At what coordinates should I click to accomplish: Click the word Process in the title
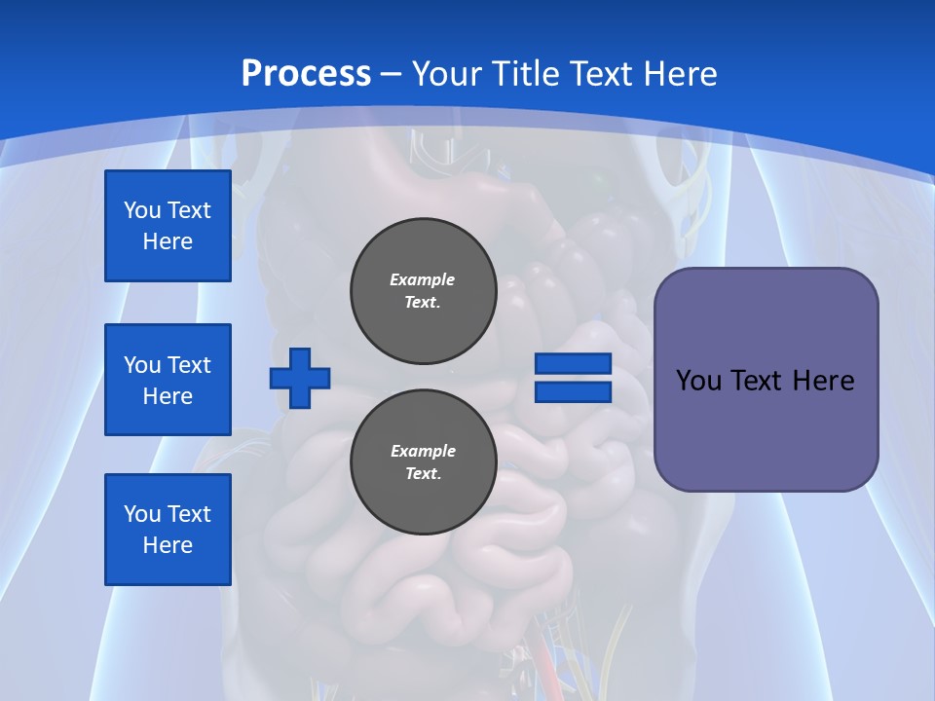[306, 73]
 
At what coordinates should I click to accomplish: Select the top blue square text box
[168, 226]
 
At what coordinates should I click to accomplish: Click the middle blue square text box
[168, 380]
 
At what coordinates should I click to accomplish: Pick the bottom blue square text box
[168, 530]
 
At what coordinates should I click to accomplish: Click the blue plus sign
[300, 378]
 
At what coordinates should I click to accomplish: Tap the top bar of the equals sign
[573, 364]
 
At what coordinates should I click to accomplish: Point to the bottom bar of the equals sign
[573, 391]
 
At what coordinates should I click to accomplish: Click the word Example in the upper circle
[423, 279]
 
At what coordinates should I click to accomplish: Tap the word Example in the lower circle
[423, 451]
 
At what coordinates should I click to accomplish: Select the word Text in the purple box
[759, 380]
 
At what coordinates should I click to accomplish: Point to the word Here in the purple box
[823, 380]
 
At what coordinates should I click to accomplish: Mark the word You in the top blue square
[141, 210]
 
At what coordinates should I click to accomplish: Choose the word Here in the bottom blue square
[168, 545]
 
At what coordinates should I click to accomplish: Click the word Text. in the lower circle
[423, 474]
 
